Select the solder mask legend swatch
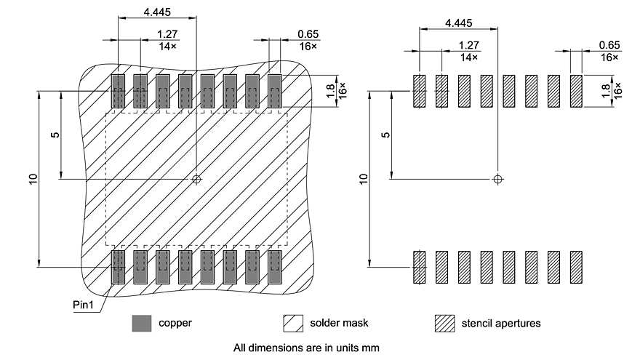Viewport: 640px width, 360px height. [293, 322]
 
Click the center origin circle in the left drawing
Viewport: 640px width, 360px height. [196, 178]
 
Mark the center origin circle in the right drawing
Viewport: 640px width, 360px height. [497, 178]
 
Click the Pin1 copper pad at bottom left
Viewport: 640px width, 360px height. [119, 267]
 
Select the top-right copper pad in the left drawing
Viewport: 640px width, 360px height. [275, 92]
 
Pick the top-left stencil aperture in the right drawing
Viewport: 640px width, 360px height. [419, 92]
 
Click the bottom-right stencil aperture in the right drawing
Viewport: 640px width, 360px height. [577, 267]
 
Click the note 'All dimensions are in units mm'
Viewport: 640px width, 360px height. [306, 348]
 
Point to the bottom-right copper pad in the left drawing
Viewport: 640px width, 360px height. [275, 267]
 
